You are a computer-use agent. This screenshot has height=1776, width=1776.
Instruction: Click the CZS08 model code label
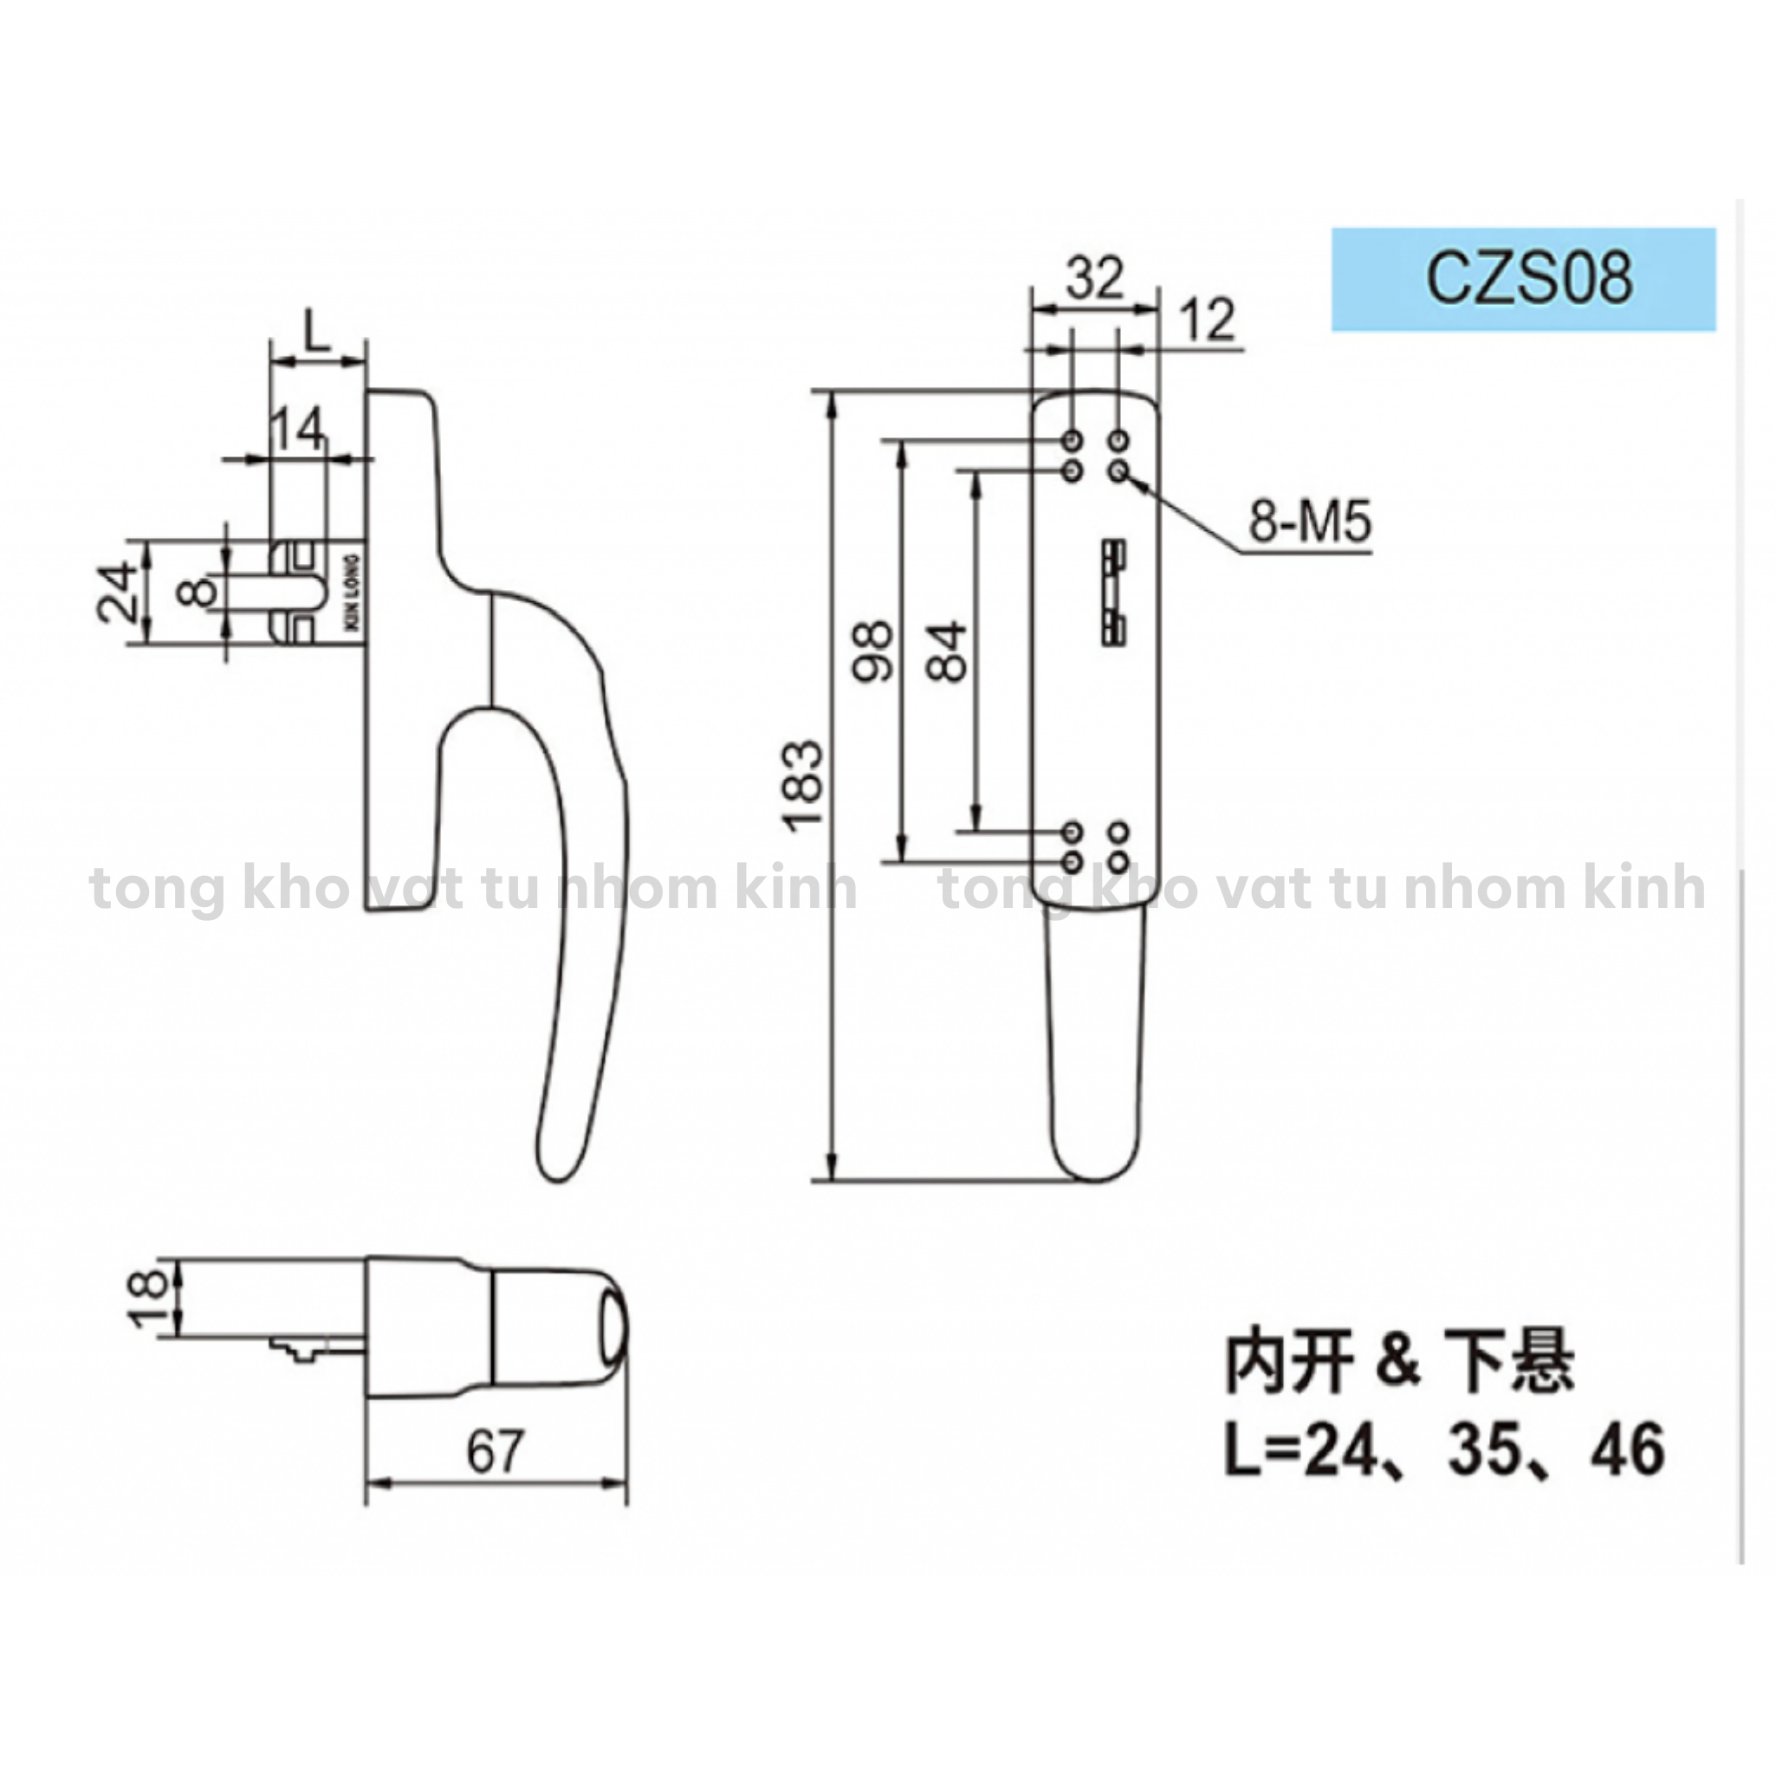click(1529, 279)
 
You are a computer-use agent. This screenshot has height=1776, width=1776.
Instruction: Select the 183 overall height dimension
click(804, 785)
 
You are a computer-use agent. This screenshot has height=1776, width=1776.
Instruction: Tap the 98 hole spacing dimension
click(872, 651)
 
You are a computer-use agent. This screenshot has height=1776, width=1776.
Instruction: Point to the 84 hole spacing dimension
click(948, 651)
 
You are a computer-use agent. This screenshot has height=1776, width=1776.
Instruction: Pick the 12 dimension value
click(1207, 320)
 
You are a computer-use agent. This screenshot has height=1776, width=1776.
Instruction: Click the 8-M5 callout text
click(1309, 522)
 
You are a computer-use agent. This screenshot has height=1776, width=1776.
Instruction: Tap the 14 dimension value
click(298, 428)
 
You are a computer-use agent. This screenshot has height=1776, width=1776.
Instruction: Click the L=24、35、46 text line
click(1444, 1449)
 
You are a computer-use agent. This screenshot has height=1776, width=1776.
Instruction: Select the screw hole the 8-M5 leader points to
click(1118, 471)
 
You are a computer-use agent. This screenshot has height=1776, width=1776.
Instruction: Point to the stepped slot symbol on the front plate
click(1113, 593)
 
